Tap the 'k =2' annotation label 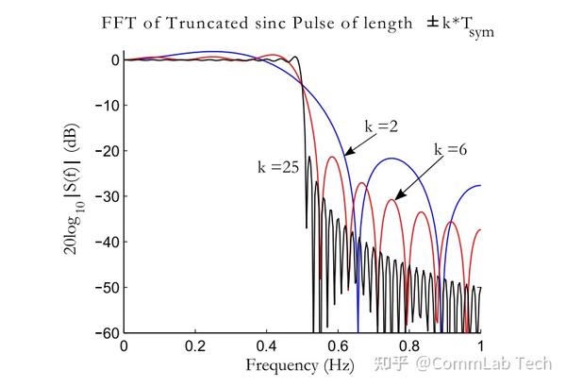coord(380,126)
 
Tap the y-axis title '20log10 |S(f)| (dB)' coord(73,195)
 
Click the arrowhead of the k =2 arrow coord(345,154)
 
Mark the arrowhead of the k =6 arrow coord(396,199)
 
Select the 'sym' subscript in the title coord(482,33)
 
